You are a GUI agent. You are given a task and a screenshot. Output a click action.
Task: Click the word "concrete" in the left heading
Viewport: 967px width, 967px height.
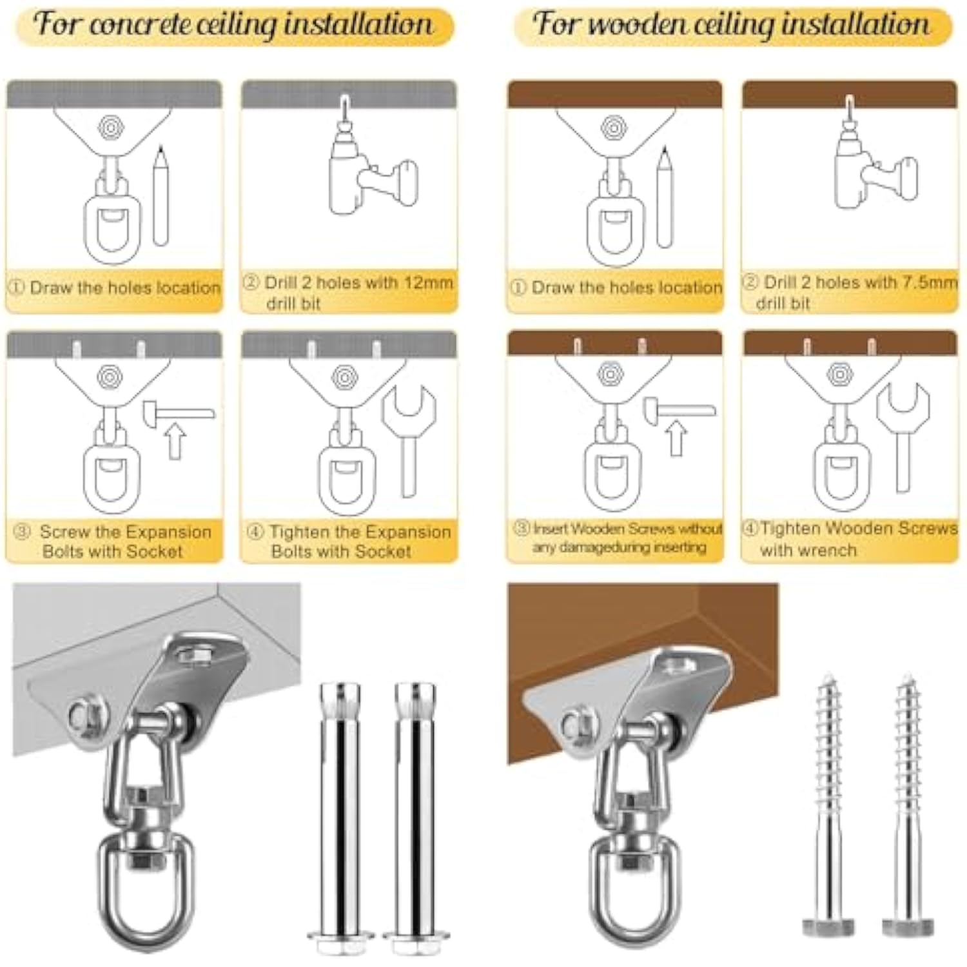(x=139, y=24)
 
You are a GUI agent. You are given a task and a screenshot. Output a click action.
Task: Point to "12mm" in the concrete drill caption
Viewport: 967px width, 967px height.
(x=428, y=282)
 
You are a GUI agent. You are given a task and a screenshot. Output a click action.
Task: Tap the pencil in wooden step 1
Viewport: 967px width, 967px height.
(x=664, y=196)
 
